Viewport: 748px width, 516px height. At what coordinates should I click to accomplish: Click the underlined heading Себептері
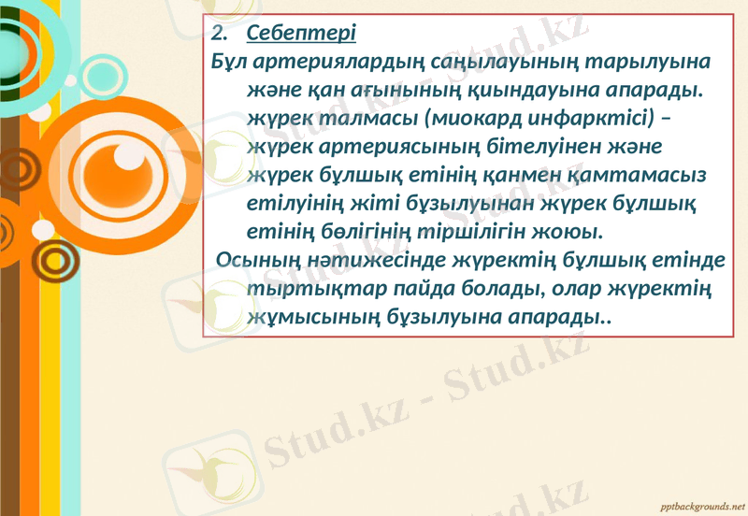(301, 36)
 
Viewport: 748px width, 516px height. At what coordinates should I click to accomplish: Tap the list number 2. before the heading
(221, 36)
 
